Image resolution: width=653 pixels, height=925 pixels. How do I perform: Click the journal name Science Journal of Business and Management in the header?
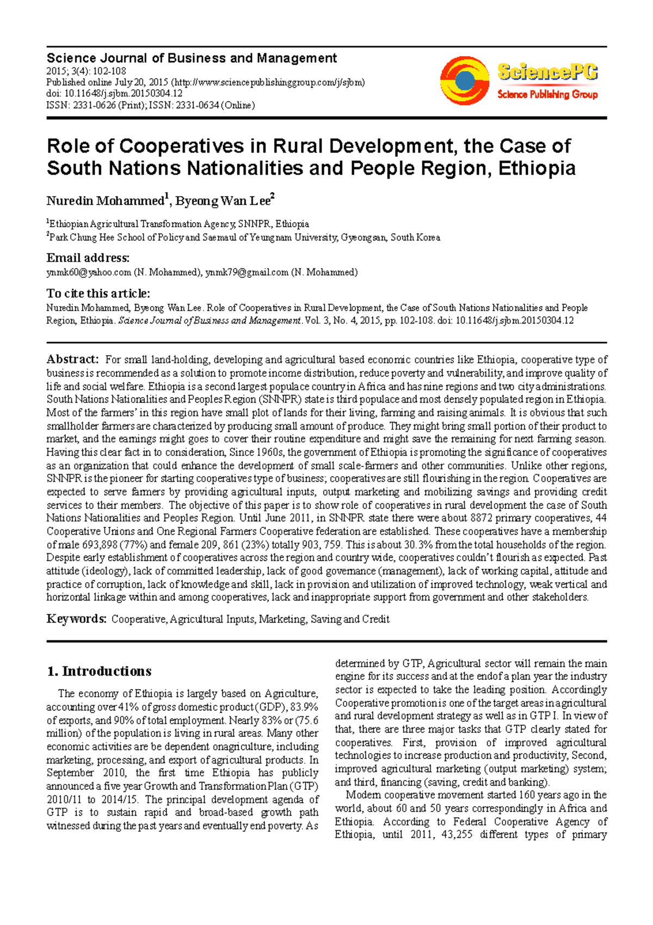192,58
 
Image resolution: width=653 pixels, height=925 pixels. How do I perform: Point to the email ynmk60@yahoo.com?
89,272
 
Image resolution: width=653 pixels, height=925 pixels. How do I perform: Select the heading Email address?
88,258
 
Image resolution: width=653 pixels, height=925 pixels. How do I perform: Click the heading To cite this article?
98,294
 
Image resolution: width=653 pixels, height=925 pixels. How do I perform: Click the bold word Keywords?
76,619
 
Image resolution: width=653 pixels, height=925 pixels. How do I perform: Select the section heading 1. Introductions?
99,671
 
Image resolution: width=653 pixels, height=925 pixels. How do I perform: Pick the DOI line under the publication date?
114,94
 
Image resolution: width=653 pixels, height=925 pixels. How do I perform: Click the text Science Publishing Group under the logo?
547,95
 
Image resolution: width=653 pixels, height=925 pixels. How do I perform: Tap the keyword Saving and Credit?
350,619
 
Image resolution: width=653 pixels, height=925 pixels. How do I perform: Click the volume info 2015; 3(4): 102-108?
86,71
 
